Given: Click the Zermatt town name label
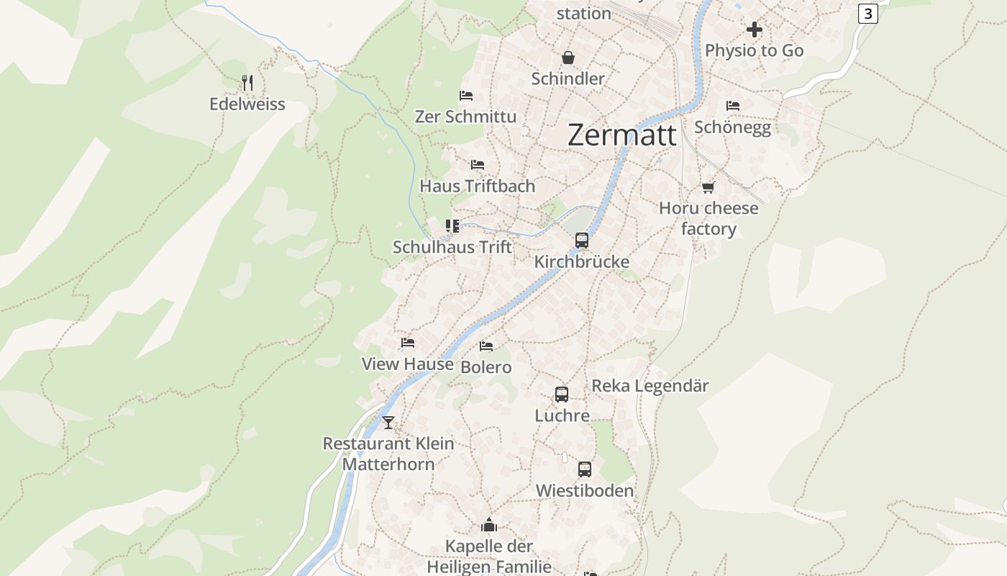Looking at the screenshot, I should click(622, 135).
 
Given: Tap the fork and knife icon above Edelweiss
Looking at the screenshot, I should click(247, 83).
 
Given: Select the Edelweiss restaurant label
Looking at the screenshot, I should click(247, 104).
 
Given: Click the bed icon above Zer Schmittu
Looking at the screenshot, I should click(466, 96).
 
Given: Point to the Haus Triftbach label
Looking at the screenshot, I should click(478, 186).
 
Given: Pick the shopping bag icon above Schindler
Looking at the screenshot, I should click(568, 58).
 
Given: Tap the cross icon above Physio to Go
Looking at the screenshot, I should click(755, 30).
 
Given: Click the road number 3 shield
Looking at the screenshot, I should click(868, 14).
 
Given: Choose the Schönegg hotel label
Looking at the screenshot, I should click(732, 127).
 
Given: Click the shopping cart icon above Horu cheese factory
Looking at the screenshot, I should click(708, 187).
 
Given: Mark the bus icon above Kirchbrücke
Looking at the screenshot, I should click(582, 240).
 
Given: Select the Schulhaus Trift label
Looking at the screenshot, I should click(452, 247).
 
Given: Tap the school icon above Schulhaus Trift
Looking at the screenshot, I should click(452, 227).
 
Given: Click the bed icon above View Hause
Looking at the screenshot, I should click(408, 343).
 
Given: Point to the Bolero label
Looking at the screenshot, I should click(486, 367).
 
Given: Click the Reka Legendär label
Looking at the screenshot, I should click(650, 386).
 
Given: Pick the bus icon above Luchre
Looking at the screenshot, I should click(562, 395).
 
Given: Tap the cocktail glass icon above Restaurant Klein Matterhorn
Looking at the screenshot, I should click(388, 423).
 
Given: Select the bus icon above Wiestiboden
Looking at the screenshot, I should click(585, 469).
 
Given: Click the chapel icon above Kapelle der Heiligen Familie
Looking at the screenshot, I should click(489, 525).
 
